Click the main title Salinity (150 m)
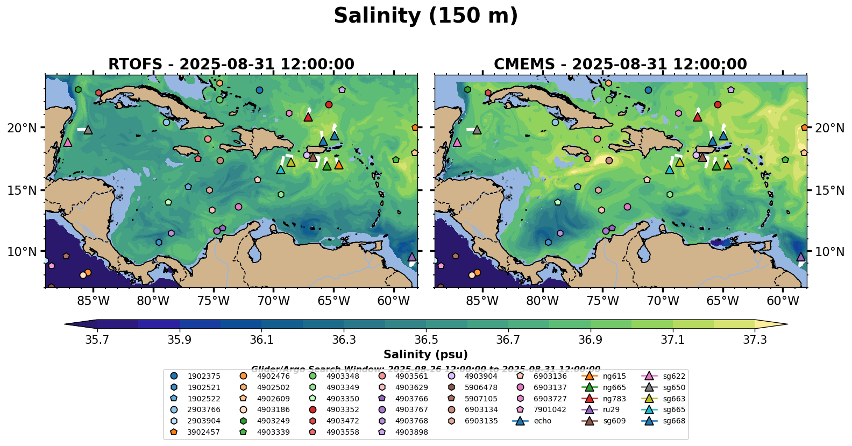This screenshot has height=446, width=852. (x=425, y=16)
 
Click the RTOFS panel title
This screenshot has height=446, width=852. (x=231, y=65)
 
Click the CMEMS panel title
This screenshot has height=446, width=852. (x=620, y=65)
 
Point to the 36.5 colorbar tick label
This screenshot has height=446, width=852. (x=426, y=340)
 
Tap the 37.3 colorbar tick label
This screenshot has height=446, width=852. (x=755, y=340)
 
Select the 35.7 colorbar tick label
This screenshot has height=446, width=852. (x=97, y=340)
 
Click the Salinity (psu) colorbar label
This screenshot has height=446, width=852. (x=425, y=355)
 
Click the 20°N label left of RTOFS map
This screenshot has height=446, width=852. (x=22, y=128)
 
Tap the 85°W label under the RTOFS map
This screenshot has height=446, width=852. (x=93, y=301)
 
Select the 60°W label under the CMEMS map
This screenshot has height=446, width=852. (x=783, y=301)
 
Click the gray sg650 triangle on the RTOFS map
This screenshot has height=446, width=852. (x=88, y=130)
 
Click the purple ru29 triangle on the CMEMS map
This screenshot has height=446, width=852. (x=800, y=257)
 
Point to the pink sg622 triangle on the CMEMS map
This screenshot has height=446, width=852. (x=457, y=142)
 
